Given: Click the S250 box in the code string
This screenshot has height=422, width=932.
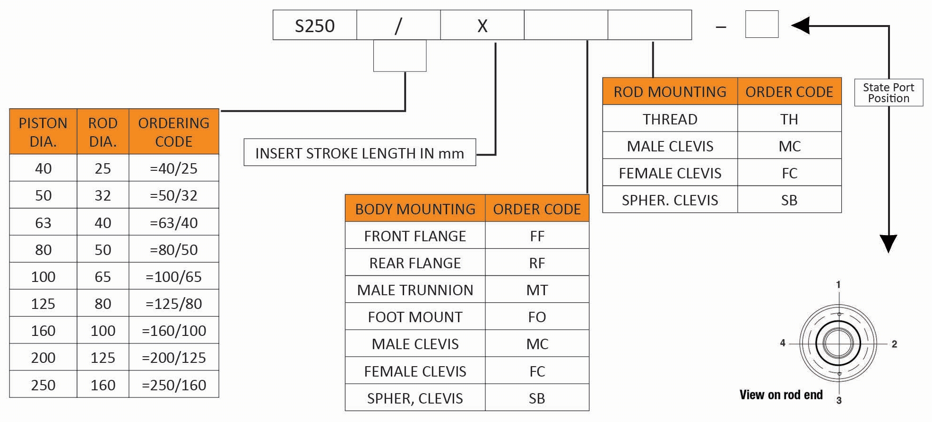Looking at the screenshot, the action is [315, 25].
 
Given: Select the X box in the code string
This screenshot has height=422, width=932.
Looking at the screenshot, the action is [482, 25].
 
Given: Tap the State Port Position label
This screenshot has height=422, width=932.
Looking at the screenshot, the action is [889, 93].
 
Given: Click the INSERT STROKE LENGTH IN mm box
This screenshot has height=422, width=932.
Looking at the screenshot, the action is [360, 152].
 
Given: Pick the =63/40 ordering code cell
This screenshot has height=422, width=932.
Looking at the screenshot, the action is [174, 222].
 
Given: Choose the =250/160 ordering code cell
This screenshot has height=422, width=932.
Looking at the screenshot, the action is [174, 385].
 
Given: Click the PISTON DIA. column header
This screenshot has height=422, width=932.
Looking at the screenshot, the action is [43, 132].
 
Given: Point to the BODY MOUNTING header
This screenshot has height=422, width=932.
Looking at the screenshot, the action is [415, 209].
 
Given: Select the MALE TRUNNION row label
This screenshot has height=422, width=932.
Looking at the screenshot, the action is [415, 290].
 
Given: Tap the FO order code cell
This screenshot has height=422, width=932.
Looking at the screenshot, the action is [537, 316].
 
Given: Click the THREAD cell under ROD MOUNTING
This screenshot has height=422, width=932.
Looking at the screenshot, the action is [670, 119].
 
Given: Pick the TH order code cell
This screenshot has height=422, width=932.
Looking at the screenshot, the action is [789, 119].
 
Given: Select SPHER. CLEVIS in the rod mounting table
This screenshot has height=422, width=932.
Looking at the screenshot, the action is [670, 200].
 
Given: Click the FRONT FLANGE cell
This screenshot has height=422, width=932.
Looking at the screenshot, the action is [415, 236].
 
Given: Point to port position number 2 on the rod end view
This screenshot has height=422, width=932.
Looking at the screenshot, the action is [894, 344].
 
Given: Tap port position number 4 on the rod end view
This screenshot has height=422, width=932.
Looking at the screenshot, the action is [783, 343].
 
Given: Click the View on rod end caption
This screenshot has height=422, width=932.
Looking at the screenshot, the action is [781, 395].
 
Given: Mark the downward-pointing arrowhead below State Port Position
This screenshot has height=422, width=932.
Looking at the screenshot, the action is [889, 243].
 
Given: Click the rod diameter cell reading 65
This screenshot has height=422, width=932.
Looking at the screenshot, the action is [103, 276].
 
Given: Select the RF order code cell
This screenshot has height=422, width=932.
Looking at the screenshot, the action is [537, 263].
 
